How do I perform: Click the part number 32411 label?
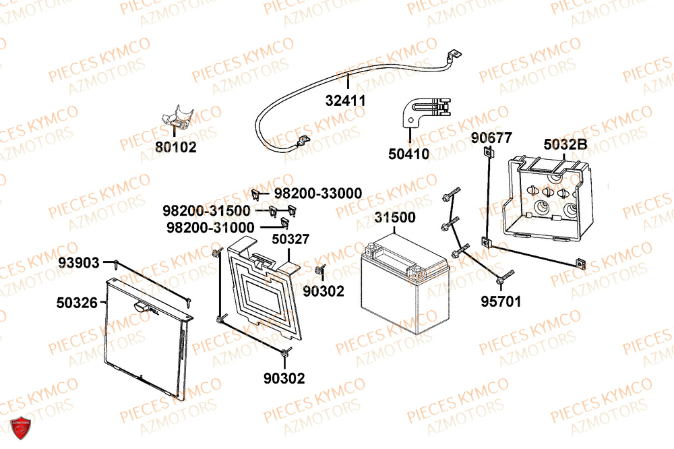[345, 100]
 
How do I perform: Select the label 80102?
[176, 146]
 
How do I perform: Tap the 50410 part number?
[408, 154]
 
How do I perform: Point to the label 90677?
[491, 138]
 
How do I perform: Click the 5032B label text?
[565, 144]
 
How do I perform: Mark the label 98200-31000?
[210, 228]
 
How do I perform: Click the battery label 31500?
[395, 217]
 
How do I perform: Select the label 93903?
[78, 262]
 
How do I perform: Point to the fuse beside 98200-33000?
[256, 195]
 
